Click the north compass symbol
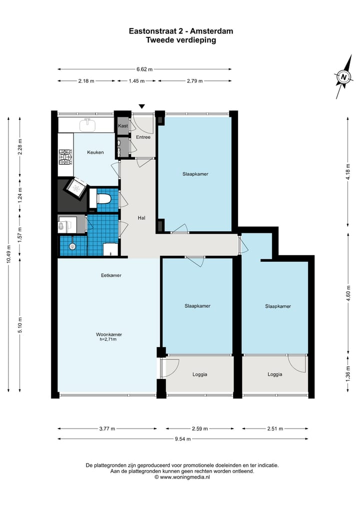click(x=343, y=77)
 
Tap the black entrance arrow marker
click(x=141, y=106)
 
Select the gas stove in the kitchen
click(x=65, y=157)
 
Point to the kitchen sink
click(x=87, y=125)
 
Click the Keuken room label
click(x=95, y=152)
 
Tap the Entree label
click(x=143, y=137)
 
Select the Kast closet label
click(x=123, y=126)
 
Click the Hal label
click(x=141, y=218)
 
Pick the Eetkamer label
click(x=111, y=275)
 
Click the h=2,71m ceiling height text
click(x=108, y=340)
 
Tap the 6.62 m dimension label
click(x=144, y=69)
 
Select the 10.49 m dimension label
click(x=8, y=254)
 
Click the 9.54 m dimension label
click(x=183, y=439)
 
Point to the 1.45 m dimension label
click(x=136, y=81)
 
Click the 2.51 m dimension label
click(x=275, y=429)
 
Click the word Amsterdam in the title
click(x=211, y=31)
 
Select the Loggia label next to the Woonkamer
click(x=200, y=375)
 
